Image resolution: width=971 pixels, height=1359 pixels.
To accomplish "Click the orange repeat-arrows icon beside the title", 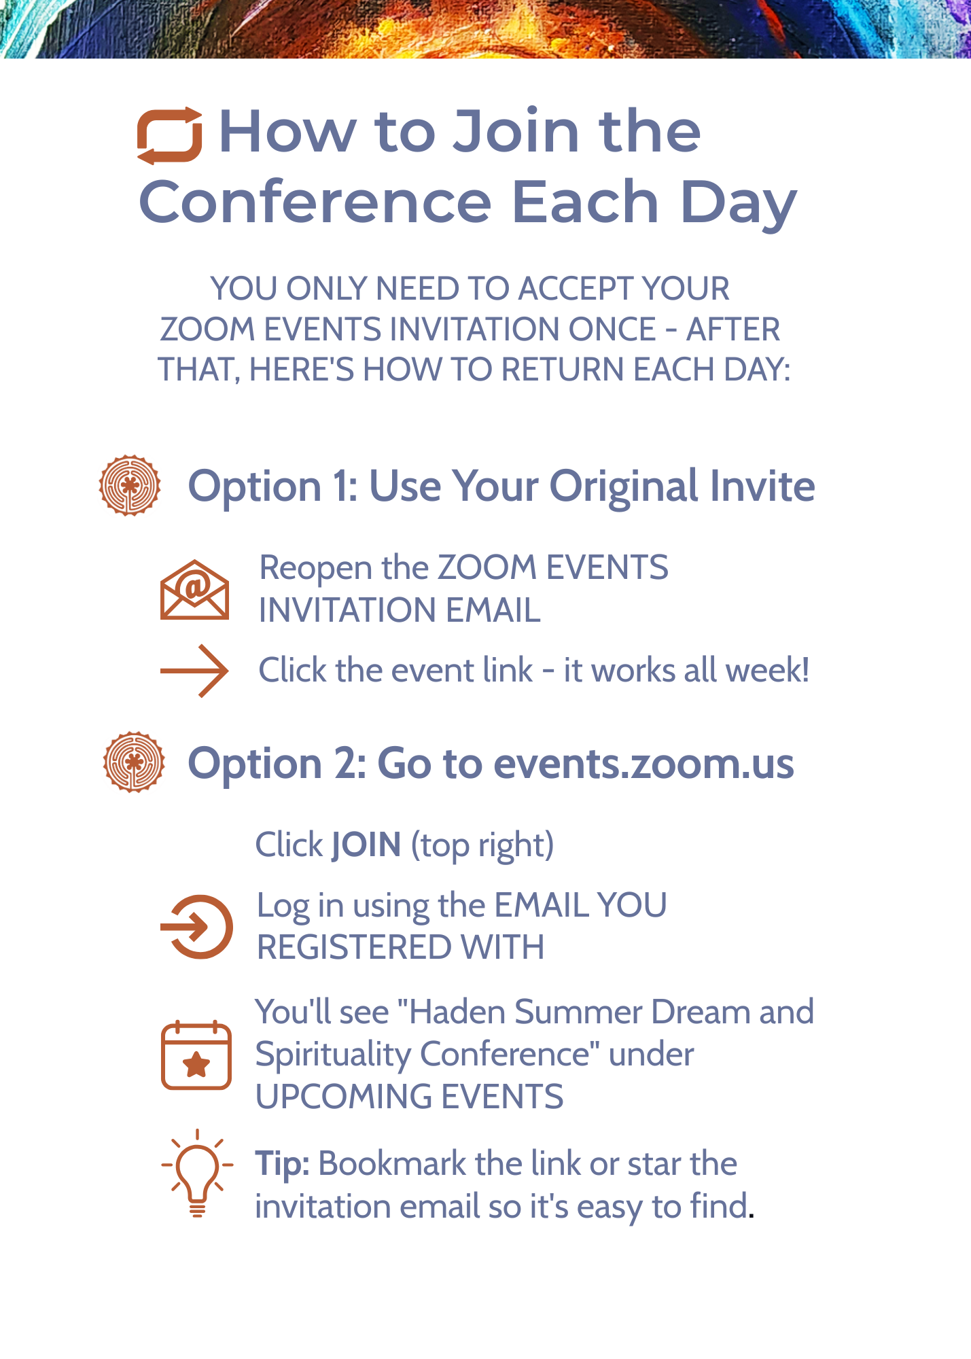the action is point(169,136).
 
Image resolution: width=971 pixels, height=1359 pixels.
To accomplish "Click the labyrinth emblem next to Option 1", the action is point(130,485).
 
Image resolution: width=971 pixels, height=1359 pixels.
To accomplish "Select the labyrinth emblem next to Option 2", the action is point(134,762).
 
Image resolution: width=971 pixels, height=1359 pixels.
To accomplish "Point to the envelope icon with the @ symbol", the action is point(194,589).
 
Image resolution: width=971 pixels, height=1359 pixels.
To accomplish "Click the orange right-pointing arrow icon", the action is point(194,671).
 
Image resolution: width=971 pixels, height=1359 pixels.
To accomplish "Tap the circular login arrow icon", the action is point(197,927).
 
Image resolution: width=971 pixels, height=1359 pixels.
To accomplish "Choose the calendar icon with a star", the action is point(196,1055).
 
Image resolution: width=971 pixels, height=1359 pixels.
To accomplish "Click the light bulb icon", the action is point(197,1173).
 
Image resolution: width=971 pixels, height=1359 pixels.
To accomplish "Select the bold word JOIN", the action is point(366,845).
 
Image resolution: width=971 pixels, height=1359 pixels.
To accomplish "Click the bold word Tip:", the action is point(283,1165).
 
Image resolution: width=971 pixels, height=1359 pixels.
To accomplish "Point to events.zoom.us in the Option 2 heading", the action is point(643,763).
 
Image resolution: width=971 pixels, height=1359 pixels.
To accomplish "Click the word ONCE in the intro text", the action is point(612,330).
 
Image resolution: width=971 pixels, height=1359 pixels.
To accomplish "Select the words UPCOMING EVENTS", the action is point(410,1097).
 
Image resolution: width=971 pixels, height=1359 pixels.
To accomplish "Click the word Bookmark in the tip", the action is point(392,1164).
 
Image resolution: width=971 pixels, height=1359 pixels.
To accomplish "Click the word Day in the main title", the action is point(739,204).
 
